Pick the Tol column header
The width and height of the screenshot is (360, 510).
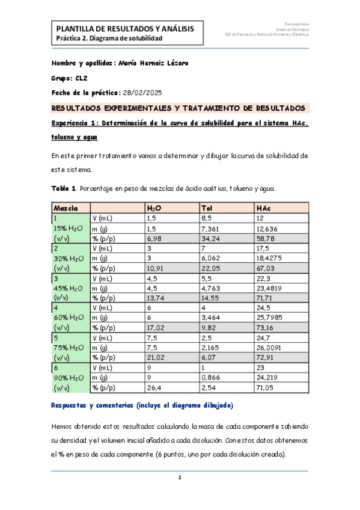click(207, 207)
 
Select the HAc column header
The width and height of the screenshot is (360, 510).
click(262, 207)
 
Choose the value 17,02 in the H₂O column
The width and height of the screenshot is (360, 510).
click(157, 328)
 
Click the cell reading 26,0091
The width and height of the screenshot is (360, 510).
click(269, 348)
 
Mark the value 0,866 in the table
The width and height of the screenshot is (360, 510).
click(210, 378)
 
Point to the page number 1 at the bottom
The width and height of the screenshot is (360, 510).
click(179, 478)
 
